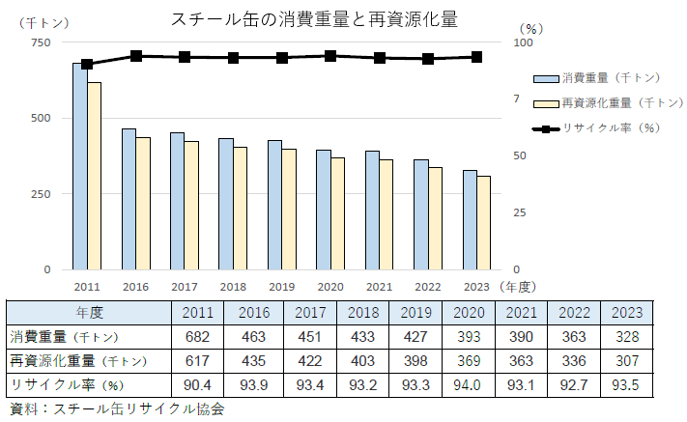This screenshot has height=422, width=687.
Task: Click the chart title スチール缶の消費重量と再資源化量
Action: coord(314,19)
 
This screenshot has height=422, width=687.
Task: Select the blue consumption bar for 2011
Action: coord(79,166)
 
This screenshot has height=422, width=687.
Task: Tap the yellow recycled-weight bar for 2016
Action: coord(143,203)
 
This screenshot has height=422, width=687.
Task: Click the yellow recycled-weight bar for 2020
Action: coord(338,213)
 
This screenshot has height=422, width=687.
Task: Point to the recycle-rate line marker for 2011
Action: coord(87,65)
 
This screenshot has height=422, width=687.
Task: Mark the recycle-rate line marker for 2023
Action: coord(476,57)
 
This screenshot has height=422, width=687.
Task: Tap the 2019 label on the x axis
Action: coord(281,287)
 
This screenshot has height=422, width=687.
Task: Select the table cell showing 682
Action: coord(197,337)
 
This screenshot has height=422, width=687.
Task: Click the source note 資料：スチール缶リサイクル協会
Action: coord(116,409)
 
